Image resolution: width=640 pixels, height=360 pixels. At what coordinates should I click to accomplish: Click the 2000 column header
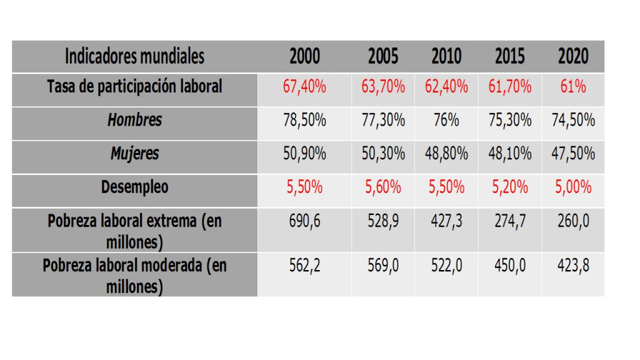tap(304, 57)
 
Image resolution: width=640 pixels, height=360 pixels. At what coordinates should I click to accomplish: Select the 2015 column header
tap(509, 57)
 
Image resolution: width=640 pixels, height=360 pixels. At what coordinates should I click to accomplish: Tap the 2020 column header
tap(573, 57)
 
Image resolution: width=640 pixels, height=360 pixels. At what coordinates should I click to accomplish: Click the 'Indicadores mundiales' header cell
tap(134, 57)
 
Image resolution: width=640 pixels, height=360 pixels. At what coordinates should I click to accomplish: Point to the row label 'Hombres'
tap(135, 120)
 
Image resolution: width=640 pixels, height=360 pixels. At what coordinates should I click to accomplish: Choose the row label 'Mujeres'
tap(135, 154)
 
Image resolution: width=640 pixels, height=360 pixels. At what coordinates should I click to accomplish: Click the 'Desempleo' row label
tap(135, 187)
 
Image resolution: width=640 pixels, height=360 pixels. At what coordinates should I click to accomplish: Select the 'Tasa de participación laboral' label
tap(135, 87)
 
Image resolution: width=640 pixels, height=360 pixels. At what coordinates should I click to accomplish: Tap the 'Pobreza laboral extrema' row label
tap(135, 230)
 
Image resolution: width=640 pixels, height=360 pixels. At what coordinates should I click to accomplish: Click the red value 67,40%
tap(304, 87)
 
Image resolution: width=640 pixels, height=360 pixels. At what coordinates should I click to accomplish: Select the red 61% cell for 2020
tap(573, 87)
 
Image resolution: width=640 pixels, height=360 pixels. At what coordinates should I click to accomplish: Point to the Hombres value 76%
tap(446, 120)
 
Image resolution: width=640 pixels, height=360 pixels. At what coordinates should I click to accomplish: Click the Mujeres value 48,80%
tap(446, 154)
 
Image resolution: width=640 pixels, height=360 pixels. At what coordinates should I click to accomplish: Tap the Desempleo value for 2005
tap(382, 187)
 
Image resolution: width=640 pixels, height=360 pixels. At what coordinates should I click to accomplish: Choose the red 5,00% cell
tap(573, 187)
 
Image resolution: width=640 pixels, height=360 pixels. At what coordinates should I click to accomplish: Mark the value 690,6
tap(304, 221)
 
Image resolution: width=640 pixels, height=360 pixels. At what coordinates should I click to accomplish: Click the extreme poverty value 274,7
tap(509, 221)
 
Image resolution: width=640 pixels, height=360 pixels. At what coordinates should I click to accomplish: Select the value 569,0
tap(382, 266)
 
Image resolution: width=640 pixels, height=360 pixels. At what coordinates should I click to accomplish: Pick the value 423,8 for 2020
tap(573, 266)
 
